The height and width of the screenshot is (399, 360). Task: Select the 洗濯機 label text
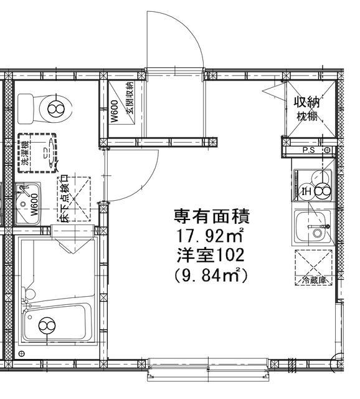23,151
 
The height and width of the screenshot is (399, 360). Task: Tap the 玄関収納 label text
130,102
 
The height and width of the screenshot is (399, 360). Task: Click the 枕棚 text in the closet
306,117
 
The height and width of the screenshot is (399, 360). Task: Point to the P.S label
308,150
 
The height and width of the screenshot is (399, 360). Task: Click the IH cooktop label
305,191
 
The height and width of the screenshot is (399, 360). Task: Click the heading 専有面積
212,216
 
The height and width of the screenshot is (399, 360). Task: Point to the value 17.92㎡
209,236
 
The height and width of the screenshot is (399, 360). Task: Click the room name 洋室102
210,256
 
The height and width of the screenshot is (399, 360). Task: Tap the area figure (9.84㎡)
211,275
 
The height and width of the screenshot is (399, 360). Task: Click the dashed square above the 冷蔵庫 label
313,261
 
